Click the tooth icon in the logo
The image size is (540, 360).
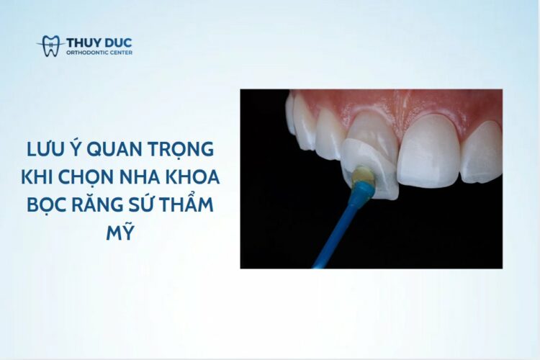(x=51, y=46)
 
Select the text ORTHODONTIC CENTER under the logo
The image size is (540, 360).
(x=99, y=53)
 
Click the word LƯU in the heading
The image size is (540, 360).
(x=45, y=150)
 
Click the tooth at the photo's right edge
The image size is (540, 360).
(x=482, y=152)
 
